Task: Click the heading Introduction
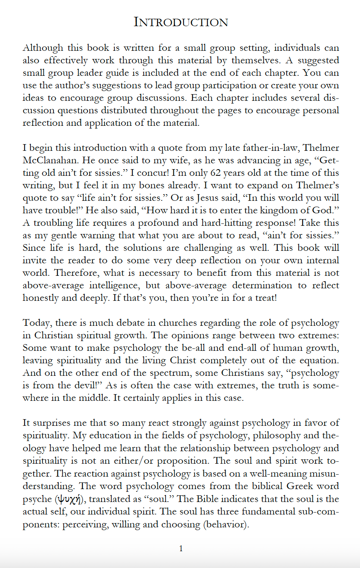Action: pos(180,22)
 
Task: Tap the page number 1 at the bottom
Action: pos(181,548)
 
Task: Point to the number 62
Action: pos(216,173)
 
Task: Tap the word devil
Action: pos(88,386)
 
